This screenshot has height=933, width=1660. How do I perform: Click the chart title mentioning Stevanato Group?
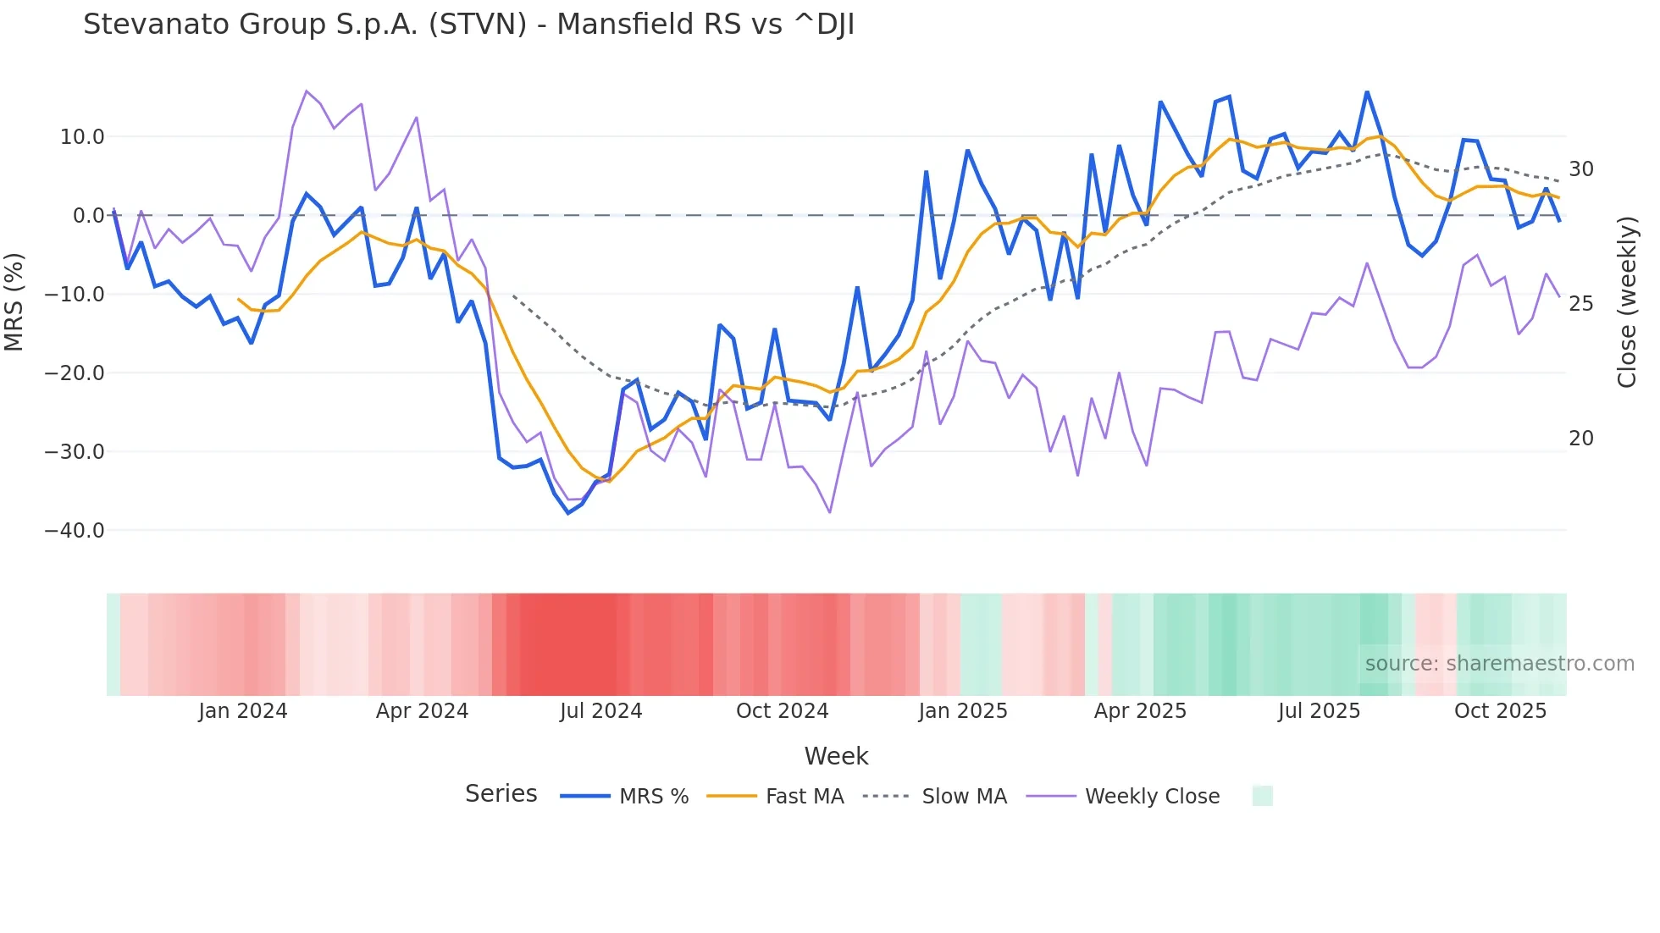tap(468, 25)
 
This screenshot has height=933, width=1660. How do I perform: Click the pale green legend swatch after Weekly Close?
tap(1262, 796)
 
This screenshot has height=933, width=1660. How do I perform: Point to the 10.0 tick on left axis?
tap(82, 137)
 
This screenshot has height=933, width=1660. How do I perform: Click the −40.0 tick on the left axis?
tap(75, 531)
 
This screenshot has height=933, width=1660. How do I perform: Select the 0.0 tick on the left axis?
tap(88, 216)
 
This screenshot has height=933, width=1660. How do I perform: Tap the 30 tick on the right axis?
tap(1580, 169)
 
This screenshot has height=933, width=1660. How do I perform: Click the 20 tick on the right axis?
tap(1580, 439)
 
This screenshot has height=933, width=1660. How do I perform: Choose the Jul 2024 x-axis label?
tap(600, 711)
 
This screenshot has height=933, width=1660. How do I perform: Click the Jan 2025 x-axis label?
tap(962, 711)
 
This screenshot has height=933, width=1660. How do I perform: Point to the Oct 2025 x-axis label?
tap(1500, 711)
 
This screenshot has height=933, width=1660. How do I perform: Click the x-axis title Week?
tap(836, 756)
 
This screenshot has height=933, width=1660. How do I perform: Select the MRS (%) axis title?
tap(14, 301)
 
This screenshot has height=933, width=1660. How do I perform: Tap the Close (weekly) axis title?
tap(1626, 301)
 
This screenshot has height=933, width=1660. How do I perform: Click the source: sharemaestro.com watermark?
tap(1499, 664)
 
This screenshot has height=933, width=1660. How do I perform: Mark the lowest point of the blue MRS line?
tap(568, 513)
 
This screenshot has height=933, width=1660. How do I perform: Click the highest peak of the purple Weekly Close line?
tap(307, 91)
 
